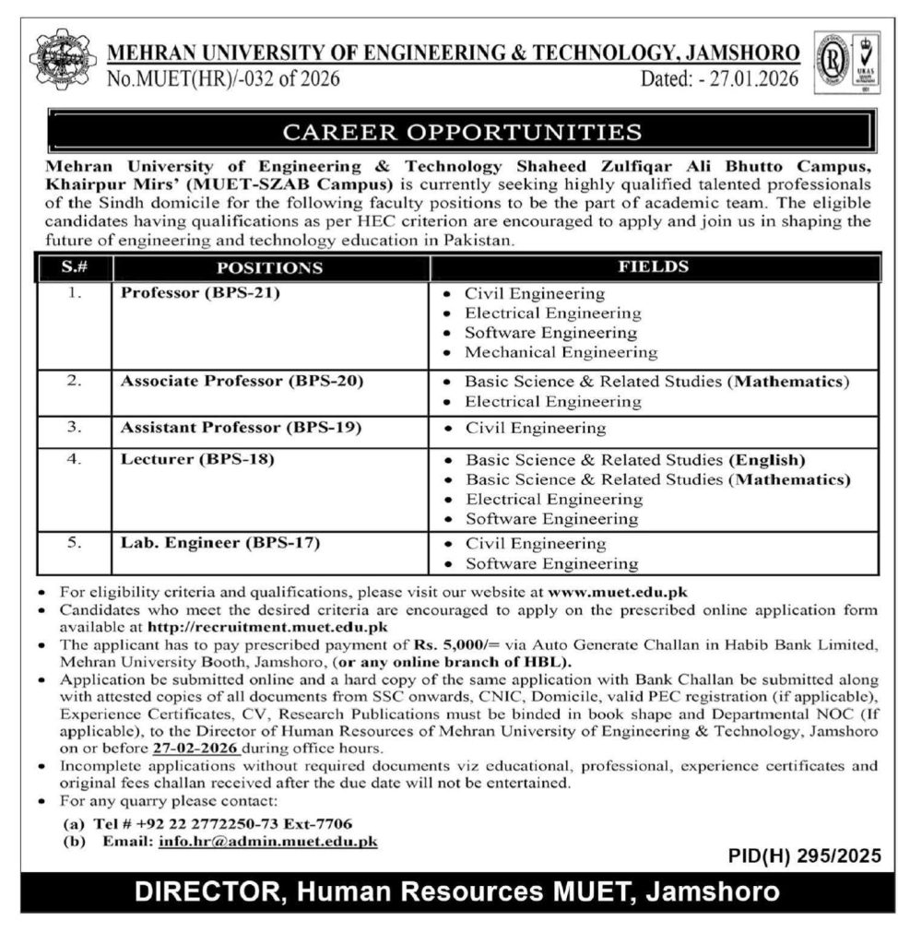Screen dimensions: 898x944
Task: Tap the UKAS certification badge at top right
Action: [845, 62]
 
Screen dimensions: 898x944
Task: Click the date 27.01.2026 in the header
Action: [750, 79]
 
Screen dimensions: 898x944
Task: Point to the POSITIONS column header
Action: [269, 268]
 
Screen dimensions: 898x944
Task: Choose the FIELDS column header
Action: [656, 267]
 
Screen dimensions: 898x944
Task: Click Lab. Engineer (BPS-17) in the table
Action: [220, 542]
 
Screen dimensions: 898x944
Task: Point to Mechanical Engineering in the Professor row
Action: [561, 352]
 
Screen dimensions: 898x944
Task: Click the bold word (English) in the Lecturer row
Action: [767, 459]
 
